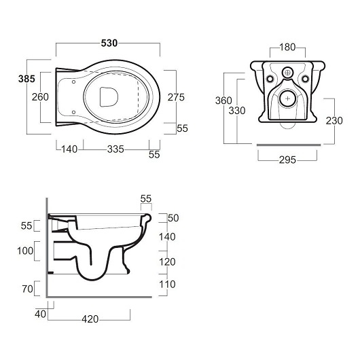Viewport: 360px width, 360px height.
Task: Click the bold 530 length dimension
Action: coord(109,43)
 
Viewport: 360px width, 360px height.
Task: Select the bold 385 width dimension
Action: coord(26,79)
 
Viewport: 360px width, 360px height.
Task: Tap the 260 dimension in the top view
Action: coord(40,97)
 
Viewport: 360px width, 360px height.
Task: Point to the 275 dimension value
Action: coord(176,97)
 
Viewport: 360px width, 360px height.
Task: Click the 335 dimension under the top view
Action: coord(115,149)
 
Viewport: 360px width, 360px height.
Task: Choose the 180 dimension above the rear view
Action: coord(287,48)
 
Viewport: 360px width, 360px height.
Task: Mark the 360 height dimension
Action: coord(223,101)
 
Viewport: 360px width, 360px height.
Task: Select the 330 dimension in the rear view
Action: coord(237,111)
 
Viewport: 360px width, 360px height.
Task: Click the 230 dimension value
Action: coord(334,121)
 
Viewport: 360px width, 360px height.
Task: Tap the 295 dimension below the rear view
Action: coord(287,160)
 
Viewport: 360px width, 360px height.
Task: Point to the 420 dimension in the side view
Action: coord(90,319)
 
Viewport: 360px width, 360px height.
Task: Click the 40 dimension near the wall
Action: coord(40,314)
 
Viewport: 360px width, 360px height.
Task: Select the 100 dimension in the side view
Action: coord(25,251)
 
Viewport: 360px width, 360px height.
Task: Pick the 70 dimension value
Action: coord(28,289)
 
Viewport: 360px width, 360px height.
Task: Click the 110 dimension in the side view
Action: coord(167,285)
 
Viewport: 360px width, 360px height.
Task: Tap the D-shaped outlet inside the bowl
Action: coord(109,97)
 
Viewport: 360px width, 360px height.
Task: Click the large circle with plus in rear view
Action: coord(287,98)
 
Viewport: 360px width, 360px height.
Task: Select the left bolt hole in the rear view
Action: coord(270,79)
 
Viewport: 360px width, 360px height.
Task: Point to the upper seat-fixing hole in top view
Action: coord(74,82)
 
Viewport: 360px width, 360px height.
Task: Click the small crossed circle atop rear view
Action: coord(287,73)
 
